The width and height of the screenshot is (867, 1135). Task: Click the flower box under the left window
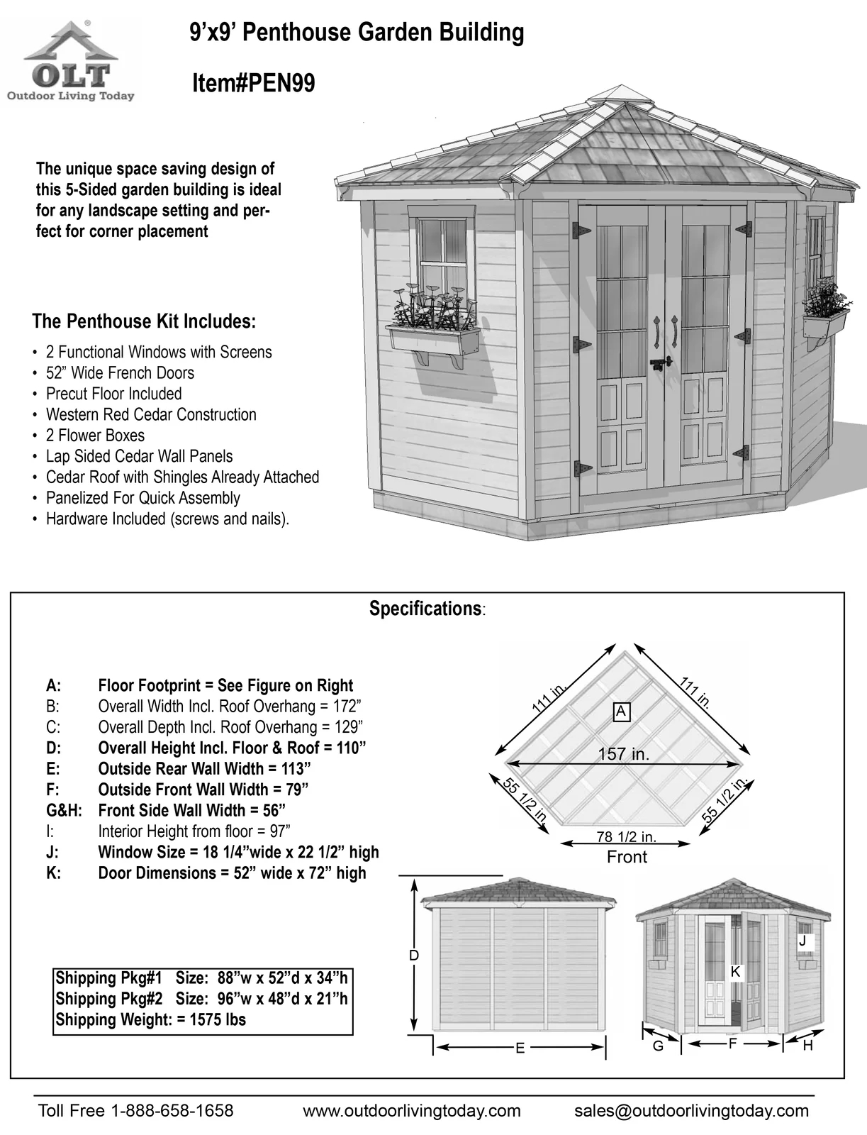433,340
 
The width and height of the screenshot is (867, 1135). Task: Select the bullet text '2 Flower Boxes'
95,436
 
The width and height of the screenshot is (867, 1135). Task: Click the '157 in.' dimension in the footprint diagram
623,754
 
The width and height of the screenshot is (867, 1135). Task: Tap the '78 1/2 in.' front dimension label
626,836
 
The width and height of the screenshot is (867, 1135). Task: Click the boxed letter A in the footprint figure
621,711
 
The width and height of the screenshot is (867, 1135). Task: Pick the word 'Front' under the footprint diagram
627,857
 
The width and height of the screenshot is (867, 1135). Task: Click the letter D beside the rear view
415,956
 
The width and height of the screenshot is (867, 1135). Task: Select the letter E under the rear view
520,1048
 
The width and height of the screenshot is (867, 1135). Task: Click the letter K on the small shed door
735,972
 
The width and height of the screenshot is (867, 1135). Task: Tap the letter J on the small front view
802,941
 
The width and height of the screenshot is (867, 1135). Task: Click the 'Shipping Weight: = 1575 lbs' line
150,1020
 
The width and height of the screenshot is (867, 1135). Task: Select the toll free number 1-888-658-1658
172,1111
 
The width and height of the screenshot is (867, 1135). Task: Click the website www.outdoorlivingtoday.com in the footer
412,1111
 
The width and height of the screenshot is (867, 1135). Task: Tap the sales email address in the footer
690,1111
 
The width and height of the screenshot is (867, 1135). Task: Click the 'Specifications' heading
425,609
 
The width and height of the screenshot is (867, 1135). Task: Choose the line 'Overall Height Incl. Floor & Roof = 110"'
232,748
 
